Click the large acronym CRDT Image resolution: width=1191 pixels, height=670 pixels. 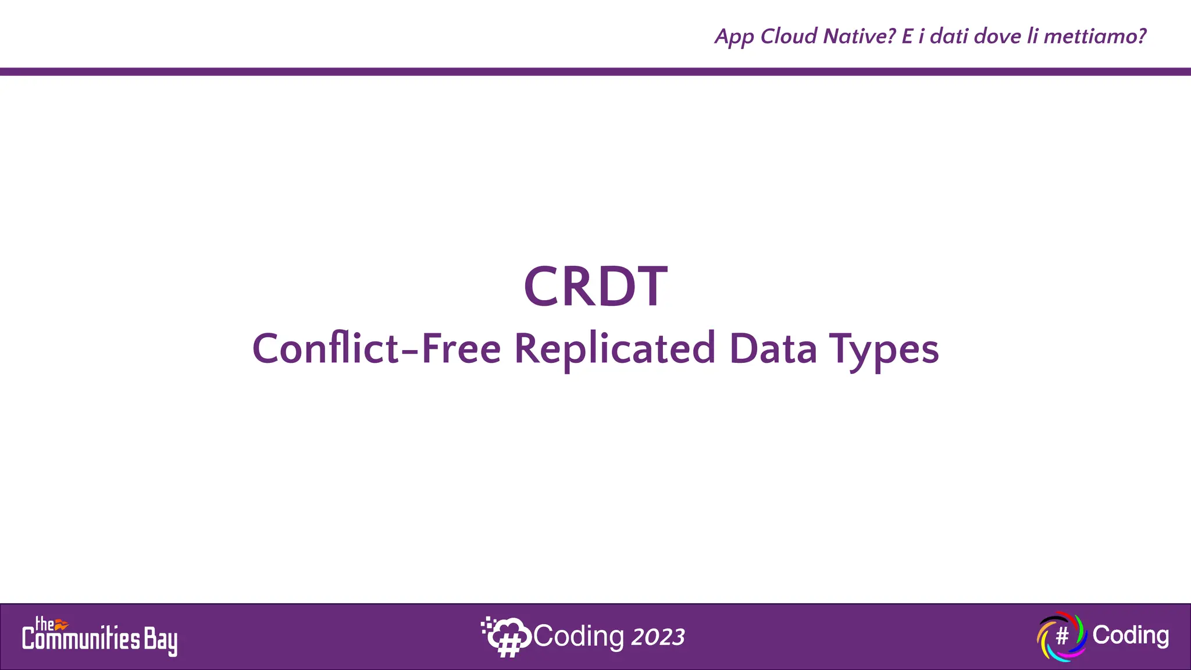point(595,286)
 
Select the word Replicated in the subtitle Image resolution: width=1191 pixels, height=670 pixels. point(615,349)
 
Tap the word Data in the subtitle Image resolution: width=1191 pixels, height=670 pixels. point(773,349)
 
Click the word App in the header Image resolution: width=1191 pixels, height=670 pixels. point(734,37)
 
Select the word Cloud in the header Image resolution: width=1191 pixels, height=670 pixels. point(789,36)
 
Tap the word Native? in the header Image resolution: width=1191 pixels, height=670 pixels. point(860,36)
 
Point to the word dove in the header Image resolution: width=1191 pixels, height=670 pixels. point(997,36)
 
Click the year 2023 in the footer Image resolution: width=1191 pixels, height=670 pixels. point(658,637)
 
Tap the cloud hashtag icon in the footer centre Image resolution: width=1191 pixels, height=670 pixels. point(505,637)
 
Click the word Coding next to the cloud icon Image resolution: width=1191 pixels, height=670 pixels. point(579,636)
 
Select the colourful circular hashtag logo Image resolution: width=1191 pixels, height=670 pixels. point(1061,636)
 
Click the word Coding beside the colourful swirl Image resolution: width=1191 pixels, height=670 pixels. point(1131,635)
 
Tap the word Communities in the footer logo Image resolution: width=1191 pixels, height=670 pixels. point(81,640)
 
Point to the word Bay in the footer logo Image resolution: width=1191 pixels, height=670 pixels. point(161,641)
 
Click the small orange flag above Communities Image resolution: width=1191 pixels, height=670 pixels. point(62,624)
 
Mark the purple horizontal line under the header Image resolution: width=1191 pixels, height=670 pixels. point(595,72)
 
